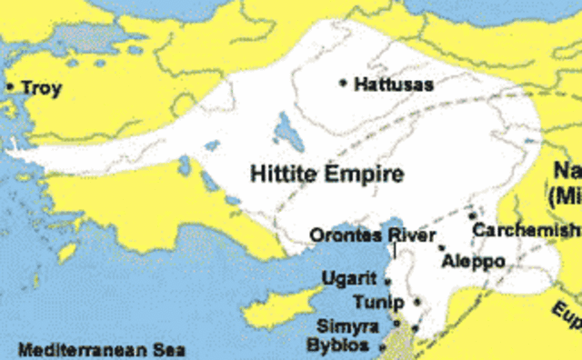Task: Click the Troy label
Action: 40,87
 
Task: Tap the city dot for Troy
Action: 10,87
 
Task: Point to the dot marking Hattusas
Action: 343,83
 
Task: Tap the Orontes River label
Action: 366,235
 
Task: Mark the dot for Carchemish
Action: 472,215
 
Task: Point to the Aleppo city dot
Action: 442,247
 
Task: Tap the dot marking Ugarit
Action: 388,281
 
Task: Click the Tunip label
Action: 375,302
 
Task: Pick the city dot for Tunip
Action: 416,301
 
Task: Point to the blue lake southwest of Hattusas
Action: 285,130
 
